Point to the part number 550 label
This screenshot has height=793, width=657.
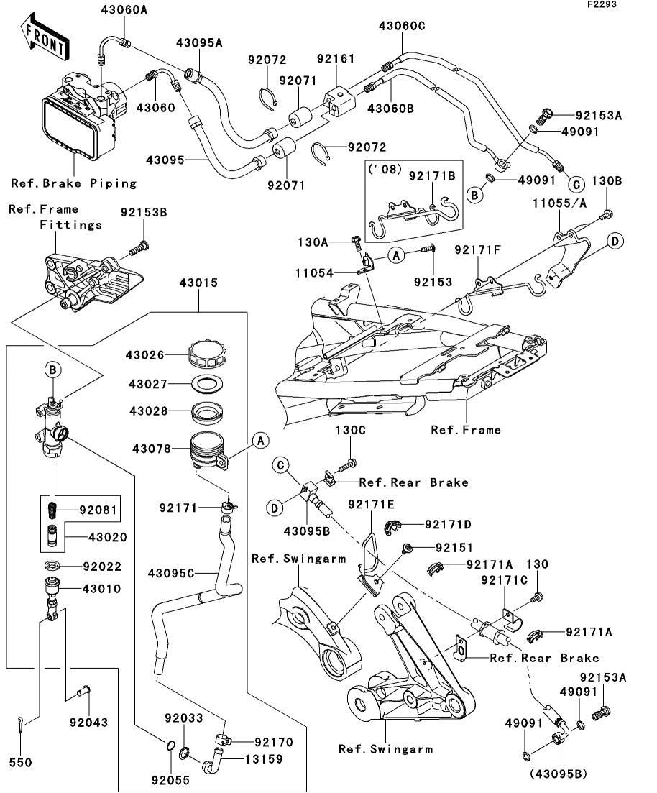coord(20,762)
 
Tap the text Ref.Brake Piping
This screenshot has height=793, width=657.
coord(74,183)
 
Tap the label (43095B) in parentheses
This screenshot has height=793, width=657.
coord(558,774)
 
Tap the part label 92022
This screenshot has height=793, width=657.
coord(101,567)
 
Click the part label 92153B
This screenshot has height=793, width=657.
coord(144,213)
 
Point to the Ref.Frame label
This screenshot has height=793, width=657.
coord(465,430)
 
